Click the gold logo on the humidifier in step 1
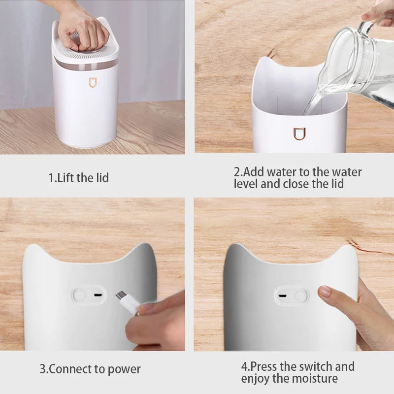[92, 83]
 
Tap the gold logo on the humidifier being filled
[299, 133]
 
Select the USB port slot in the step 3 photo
[98, 295]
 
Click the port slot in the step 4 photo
[282, 296]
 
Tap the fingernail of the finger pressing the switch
[325, 292]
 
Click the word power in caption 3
[126, 369]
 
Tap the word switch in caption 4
[317, 366]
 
